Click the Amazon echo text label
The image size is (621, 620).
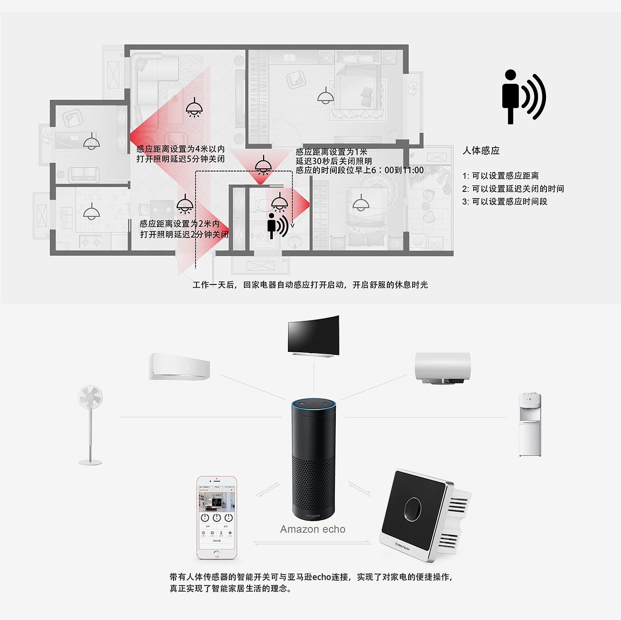click(312, 529)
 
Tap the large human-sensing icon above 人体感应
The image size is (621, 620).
click(523, 97)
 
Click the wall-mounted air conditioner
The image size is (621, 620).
click(179, 366)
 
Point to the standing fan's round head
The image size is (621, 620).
click(90, 397)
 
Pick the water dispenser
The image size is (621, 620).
click(530, 424)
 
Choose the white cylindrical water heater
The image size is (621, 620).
click(442, 367)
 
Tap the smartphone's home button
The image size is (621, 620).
click(216, 554)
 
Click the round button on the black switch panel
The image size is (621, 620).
click(413, 509)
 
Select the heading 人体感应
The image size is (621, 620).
click(481, 151)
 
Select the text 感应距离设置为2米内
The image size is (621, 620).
click(180, 224)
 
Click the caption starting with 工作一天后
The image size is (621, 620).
click(310, 285)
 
